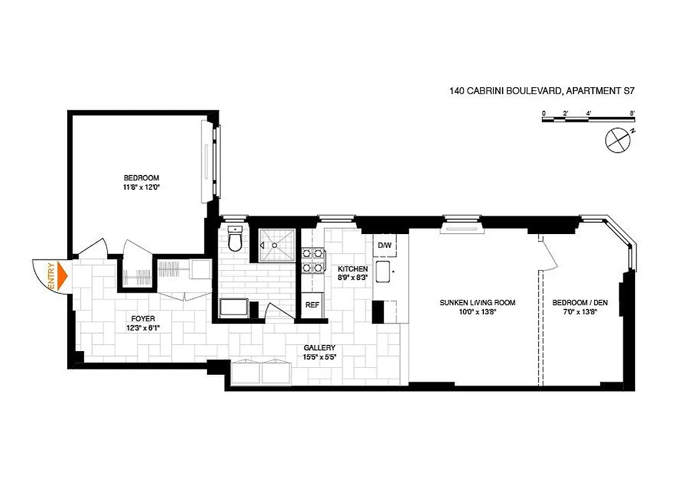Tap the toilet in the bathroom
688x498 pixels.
(235, 240)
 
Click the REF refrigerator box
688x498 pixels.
(312, 305)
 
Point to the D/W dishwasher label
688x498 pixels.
(385, 245)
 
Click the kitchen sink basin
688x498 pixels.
(383, 272)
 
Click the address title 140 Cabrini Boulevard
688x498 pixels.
(541, 91)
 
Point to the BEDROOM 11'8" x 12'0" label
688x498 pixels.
(142, 182)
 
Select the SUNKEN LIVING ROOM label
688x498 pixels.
(477, 308)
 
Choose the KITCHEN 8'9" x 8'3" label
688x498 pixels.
(353, 273)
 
